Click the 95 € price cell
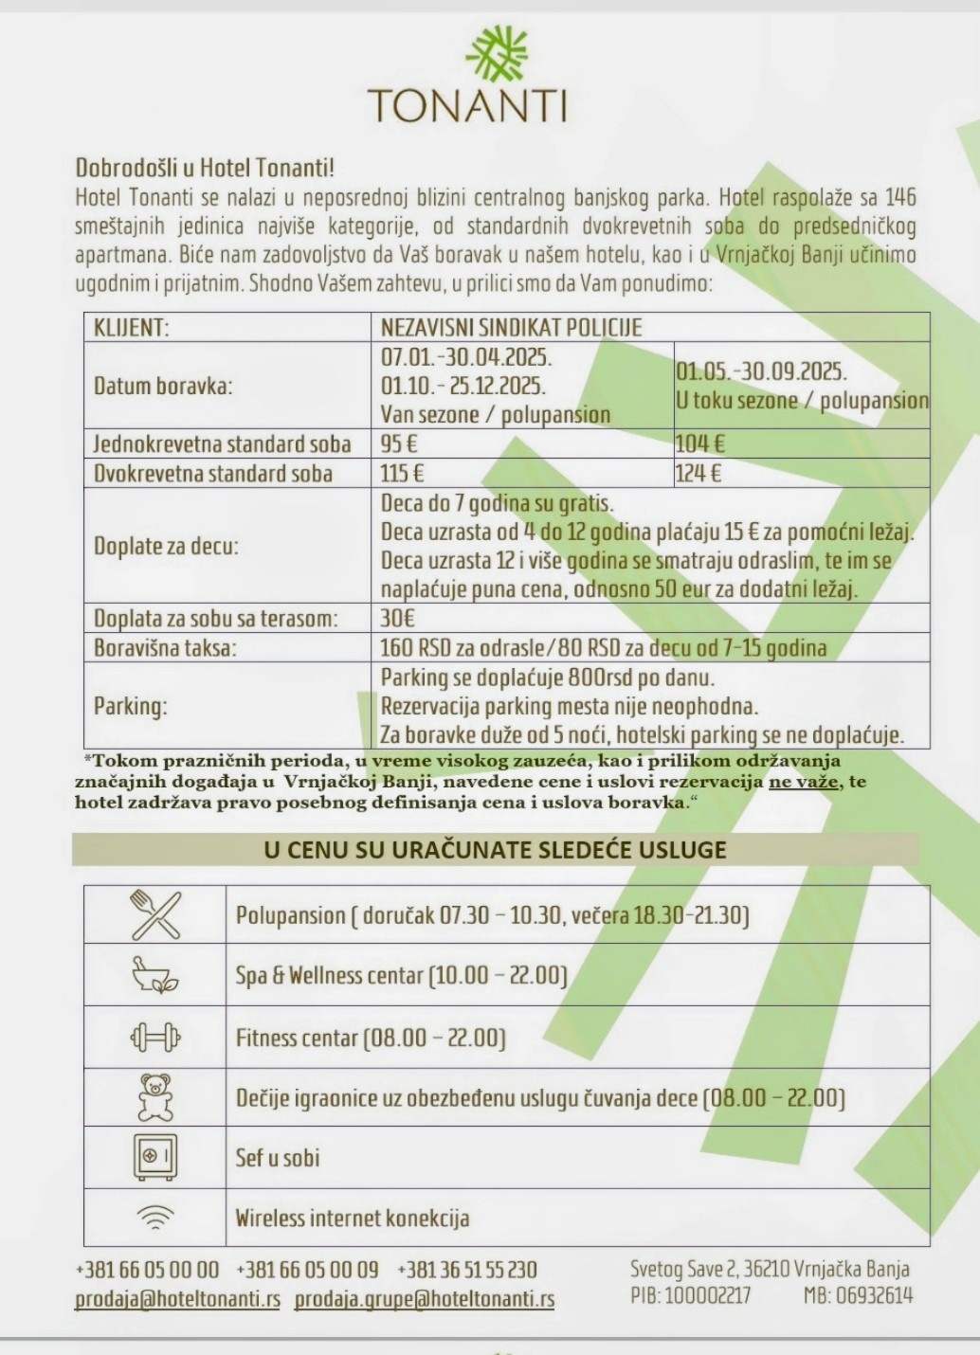click(x=399, y=443)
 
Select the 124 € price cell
click(x=699, y=473)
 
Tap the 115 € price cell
click(x=402, y=473)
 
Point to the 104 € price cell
click(x=699, y=443)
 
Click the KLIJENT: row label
click(x=131, y=328)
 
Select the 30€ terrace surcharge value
click(x=398, y=619)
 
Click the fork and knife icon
click(x=155, y=914)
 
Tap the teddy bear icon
click(x=155, y=1097)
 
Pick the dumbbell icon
click(x=155, y=1038)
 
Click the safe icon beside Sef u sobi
click(x=155, y=1157)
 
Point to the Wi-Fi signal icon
click(x=155, y=1217)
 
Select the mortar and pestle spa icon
click(x=155, y=974)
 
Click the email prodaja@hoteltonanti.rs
click(x=177, y=1299)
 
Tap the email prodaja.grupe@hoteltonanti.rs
click(x=424, y=1299)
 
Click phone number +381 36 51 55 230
click(x=467, y=1270)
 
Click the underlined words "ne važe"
click(x=803, y=782)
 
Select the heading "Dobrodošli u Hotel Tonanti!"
click(x=205, y=169)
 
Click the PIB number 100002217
click(x=707, y=1295)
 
